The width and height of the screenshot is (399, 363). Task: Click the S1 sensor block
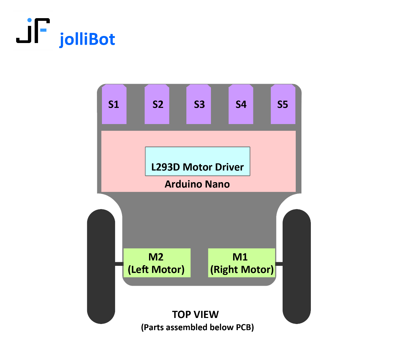114,104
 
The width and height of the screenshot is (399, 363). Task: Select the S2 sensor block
157,104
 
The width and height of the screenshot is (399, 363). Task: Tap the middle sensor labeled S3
199,104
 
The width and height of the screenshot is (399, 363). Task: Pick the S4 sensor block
241,104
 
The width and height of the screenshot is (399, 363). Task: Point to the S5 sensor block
283,104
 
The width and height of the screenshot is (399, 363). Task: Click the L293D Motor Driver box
197,161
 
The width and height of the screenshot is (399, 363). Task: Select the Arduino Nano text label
197,184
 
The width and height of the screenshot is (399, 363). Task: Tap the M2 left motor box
157,263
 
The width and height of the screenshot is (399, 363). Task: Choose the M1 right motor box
242,263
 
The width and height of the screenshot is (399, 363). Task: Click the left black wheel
101,266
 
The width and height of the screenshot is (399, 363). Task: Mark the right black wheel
296,266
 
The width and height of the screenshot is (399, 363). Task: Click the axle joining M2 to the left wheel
119,264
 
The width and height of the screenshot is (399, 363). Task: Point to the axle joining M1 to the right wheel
279,264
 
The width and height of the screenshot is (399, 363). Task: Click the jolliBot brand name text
87,40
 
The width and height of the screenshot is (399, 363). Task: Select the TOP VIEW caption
195,315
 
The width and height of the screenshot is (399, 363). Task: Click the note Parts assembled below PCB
197,327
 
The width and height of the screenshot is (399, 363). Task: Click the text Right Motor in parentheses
242,270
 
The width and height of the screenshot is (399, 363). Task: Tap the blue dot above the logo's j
29,20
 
